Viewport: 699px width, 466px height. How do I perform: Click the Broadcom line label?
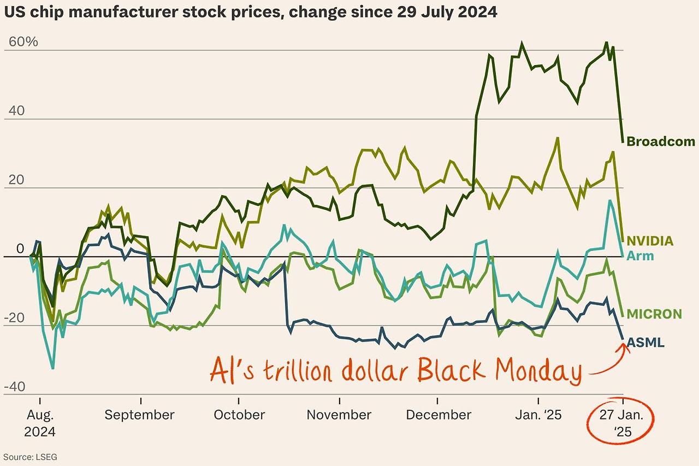(x=661, y=141)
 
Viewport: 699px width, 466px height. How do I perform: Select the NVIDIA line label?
(x=650, y=241)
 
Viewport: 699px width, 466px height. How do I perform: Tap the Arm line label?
(x=640, y=256)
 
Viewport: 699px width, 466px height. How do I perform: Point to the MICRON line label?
(x=654, y=314)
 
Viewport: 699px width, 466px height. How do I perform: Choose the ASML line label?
(x=645, y=343)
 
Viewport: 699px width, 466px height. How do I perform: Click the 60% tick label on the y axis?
(x=23, y=42)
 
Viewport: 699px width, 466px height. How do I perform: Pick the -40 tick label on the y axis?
(x=14, y=387)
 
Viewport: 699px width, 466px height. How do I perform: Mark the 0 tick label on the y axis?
(x=20, y=249)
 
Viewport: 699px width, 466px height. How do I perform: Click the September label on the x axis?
(x=139, y=415)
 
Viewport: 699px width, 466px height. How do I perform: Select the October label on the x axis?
(x=239, y=415)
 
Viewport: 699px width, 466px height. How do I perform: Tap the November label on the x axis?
(x=339, y=415)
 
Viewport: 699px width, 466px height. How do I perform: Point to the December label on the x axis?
(x=439, y=415)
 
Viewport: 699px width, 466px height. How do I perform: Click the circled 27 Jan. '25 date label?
(x=621, y=423)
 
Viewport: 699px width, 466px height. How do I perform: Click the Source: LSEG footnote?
(x=30, y=457)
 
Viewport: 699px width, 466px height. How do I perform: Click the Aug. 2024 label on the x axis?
(x=40, y=423)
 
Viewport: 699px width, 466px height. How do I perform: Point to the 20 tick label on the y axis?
(x=16, y=180)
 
